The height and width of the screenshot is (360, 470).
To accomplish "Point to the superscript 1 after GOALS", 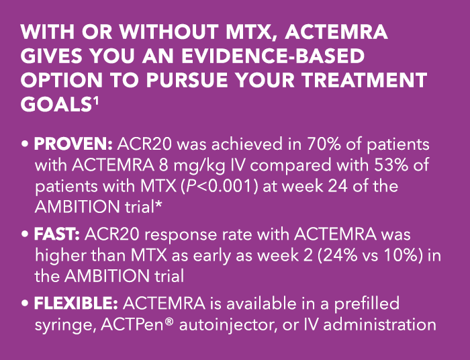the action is coord(95,101).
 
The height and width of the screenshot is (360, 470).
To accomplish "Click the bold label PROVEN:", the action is coord(73,145).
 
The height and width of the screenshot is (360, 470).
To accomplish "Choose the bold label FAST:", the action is coord(56,234).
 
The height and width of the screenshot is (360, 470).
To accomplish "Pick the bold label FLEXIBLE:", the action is coord(76,304).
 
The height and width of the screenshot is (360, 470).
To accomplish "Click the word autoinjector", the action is coord(228,325).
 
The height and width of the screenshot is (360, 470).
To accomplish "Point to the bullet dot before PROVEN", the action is coord(25,145).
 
